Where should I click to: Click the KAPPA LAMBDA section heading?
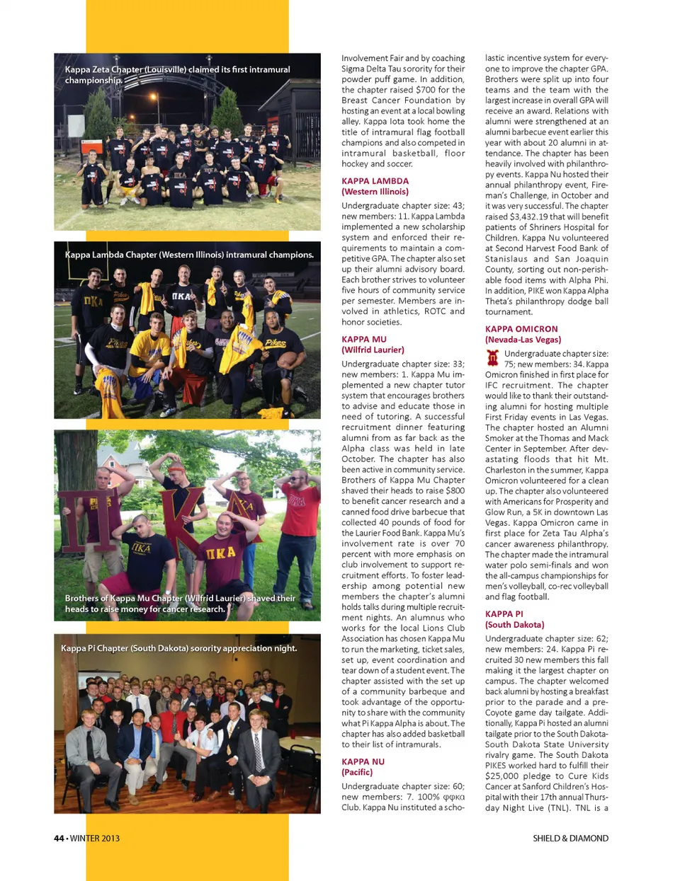point(375,181)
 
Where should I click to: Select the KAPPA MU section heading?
point(364,340)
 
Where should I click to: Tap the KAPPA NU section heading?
point(363,762)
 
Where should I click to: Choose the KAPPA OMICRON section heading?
point(521,329)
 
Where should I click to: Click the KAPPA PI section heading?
point(504,614)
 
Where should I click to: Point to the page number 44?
point(59,839)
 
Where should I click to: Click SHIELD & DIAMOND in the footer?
point(570,839)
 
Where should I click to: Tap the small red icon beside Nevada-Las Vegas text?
point(493,358)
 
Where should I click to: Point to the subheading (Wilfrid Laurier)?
point(373,350)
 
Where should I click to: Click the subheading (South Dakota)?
point(514,625)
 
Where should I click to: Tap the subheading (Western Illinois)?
point(375,192)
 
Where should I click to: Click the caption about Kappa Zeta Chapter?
point(177,74)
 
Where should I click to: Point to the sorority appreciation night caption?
point(178,648)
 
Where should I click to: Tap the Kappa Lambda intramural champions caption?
point(188,255)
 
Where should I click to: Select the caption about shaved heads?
point(180,604)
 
